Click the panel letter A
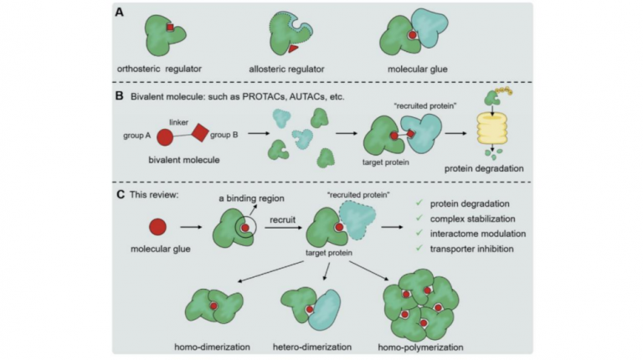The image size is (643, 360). click(120, 13)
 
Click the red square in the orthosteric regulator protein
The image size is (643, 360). click(170, 28)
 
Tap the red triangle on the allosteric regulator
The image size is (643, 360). click(293, 49)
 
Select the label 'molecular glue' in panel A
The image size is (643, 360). click(418, 69)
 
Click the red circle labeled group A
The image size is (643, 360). click(165, 137)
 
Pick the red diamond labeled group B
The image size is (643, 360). click(200, 132)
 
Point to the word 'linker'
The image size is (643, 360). click(179, 122)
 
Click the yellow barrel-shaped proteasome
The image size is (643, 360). click(491, 129)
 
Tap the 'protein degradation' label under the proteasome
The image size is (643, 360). click(484, 168)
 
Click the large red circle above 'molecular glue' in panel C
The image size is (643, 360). click(158, 227)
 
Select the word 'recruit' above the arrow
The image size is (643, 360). click(282, 220)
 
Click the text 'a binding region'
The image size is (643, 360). click(251, 198)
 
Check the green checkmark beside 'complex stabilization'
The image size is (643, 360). click(419, 218)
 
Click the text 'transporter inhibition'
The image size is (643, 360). click(471, 249)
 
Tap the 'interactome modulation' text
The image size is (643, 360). click(478, 234)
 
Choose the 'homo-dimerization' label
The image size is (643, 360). click(212, 347)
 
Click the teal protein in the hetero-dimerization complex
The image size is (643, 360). click(325, 310)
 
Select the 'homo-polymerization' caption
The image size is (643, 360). click(421, 347)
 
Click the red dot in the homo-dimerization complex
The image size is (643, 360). click(213, 306)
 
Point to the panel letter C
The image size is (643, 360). click(121, 194)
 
